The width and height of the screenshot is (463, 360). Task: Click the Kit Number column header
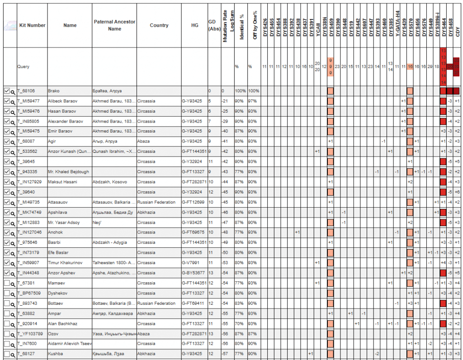click(x=32, y=25)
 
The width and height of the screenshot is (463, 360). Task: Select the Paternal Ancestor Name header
click(x=114, y=25)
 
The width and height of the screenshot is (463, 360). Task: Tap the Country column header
click(x=159, y=25)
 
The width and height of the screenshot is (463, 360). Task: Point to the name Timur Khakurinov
click(x=66, y=263)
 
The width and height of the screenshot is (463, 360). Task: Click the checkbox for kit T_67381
click(x=7, y=283)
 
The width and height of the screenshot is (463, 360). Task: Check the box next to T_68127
click(x=7, y=353)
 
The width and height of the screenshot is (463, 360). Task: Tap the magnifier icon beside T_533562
click(x=13, y=152)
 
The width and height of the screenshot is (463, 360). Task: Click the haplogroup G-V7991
click(x=190, y=263)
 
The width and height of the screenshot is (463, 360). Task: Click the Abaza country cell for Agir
click(x=144, y=141)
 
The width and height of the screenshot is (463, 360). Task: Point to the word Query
click(x=24, y=66)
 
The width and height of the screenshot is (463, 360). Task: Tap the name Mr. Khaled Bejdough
click(x=68, y=172)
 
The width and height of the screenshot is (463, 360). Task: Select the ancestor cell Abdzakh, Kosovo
click(x=109, y=182)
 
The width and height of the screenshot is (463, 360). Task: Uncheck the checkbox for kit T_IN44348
click(x=7, y=273)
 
